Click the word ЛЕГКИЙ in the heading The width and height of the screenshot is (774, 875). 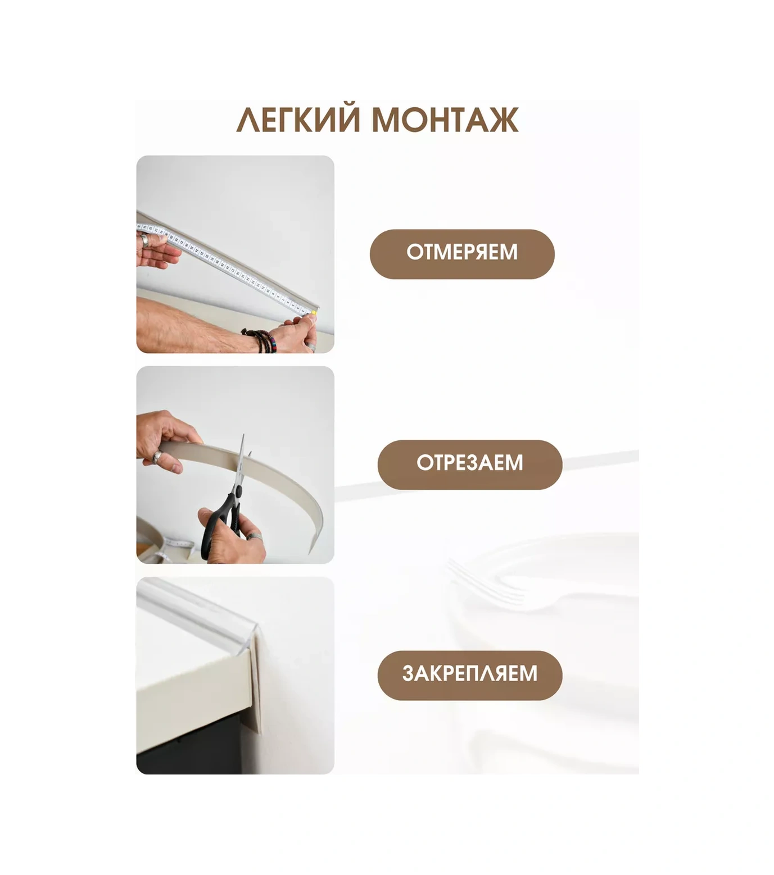click(x=298, y=120)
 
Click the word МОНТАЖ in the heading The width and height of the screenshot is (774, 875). click(x=445, y=120)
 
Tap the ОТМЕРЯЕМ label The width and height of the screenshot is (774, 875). click(x=461, y=253)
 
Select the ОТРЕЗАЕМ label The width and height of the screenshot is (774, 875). click(x=469, y=464)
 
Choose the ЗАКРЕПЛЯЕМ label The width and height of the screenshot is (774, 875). click(x=469, y=675)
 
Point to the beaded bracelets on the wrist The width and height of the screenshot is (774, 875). click(x=262, y=340)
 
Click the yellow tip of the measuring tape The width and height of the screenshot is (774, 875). click(x=313, y=312)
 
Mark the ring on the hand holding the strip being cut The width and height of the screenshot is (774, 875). click(x=157, y=458)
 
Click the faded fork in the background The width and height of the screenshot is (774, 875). click(x=489, y=587)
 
